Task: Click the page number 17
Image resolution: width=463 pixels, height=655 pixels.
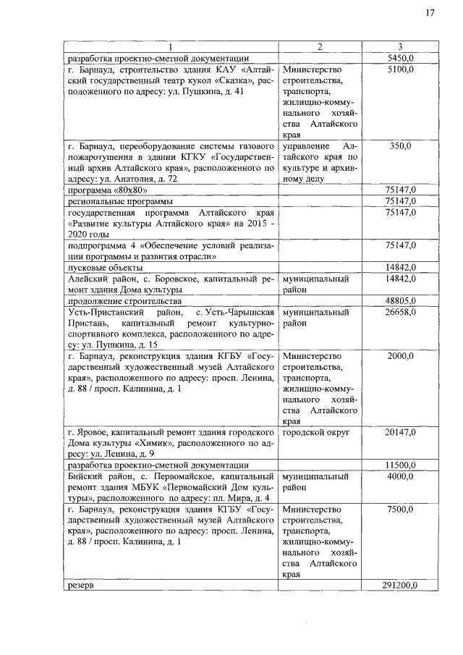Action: (x=430, y=12)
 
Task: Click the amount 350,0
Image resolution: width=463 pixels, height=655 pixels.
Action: (x=401, y=145)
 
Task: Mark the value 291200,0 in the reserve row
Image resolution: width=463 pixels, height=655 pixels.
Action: (x=399, y=585)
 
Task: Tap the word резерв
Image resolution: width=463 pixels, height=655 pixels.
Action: (x=81, y=585)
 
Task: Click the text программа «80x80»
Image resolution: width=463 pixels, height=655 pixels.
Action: (x=102, y=190)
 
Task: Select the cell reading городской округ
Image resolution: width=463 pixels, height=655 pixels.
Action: (x=316, y=432)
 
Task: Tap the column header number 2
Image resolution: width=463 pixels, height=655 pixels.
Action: (x=320, y=47)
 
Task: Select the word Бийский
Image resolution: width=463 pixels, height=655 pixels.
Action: (x=85, y=476)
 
